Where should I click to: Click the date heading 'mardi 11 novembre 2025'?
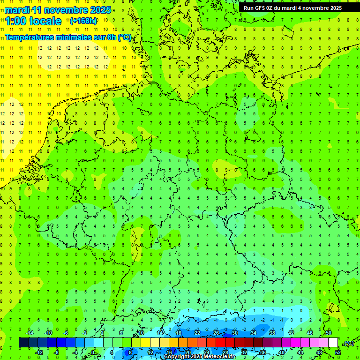point(58,10)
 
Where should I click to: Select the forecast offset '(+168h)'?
point(83,21)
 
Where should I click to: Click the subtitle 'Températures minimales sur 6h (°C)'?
point(68,37)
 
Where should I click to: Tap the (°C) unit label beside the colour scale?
point(349,344)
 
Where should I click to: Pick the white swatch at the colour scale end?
point(333,343)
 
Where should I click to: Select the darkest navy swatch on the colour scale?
point(23,343)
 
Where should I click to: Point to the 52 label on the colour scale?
point(338,352)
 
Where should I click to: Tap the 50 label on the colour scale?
point(328,333)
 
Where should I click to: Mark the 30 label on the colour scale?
point(234,333)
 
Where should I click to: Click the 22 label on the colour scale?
point(197,333)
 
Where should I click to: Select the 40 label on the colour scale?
point(281,352)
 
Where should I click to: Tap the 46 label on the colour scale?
point(309,333)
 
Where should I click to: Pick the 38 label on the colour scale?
point(272,333)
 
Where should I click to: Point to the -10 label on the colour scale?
point(48,333)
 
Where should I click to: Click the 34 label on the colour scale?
point(253,333)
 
